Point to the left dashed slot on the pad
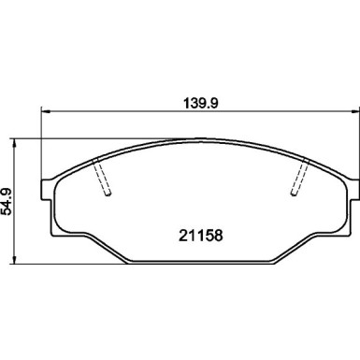[105, 177]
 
